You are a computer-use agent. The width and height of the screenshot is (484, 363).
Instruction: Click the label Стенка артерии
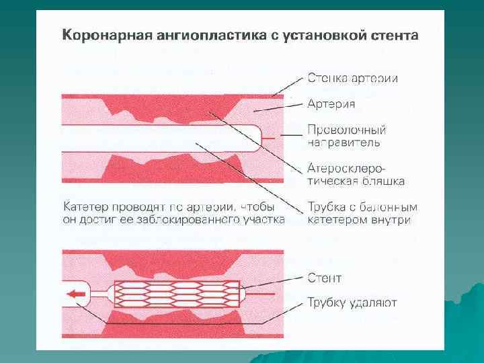click(x=352, y=78)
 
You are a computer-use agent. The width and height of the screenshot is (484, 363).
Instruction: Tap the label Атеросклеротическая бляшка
click(x=350, y=174)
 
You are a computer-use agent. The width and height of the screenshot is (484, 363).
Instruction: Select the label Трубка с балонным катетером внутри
click(x=362, y=212)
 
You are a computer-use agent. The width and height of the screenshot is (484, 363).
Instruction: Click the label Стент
click(x=324, y=278)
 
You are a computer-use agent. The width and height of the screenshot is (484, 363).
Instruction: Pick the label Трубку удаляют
click(x=352, y=302)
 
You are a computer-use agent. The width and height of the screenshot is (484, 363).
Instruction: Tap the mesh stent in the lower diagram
click(x=177, y=292)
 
